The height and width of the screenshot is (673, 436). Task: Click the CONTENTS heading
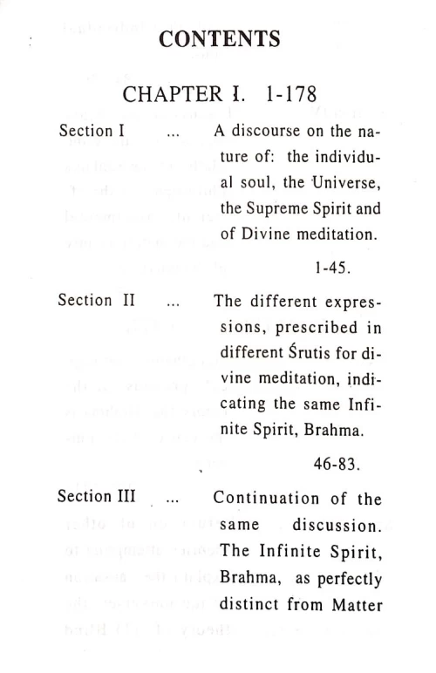(220, 39)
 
